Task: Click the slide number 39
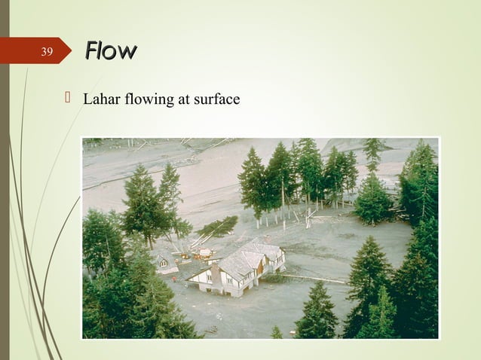pos(47,52)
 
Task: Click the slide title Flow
pos(110,51)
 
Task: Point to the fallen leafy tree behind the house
pos(219,226)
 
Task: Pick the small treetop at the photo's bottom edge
pos(277,331)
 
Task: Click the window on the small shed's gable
pos(163,263)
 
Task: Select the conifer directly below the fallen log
pos(317,313)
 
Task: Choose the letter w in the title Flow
pos(127,52)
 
